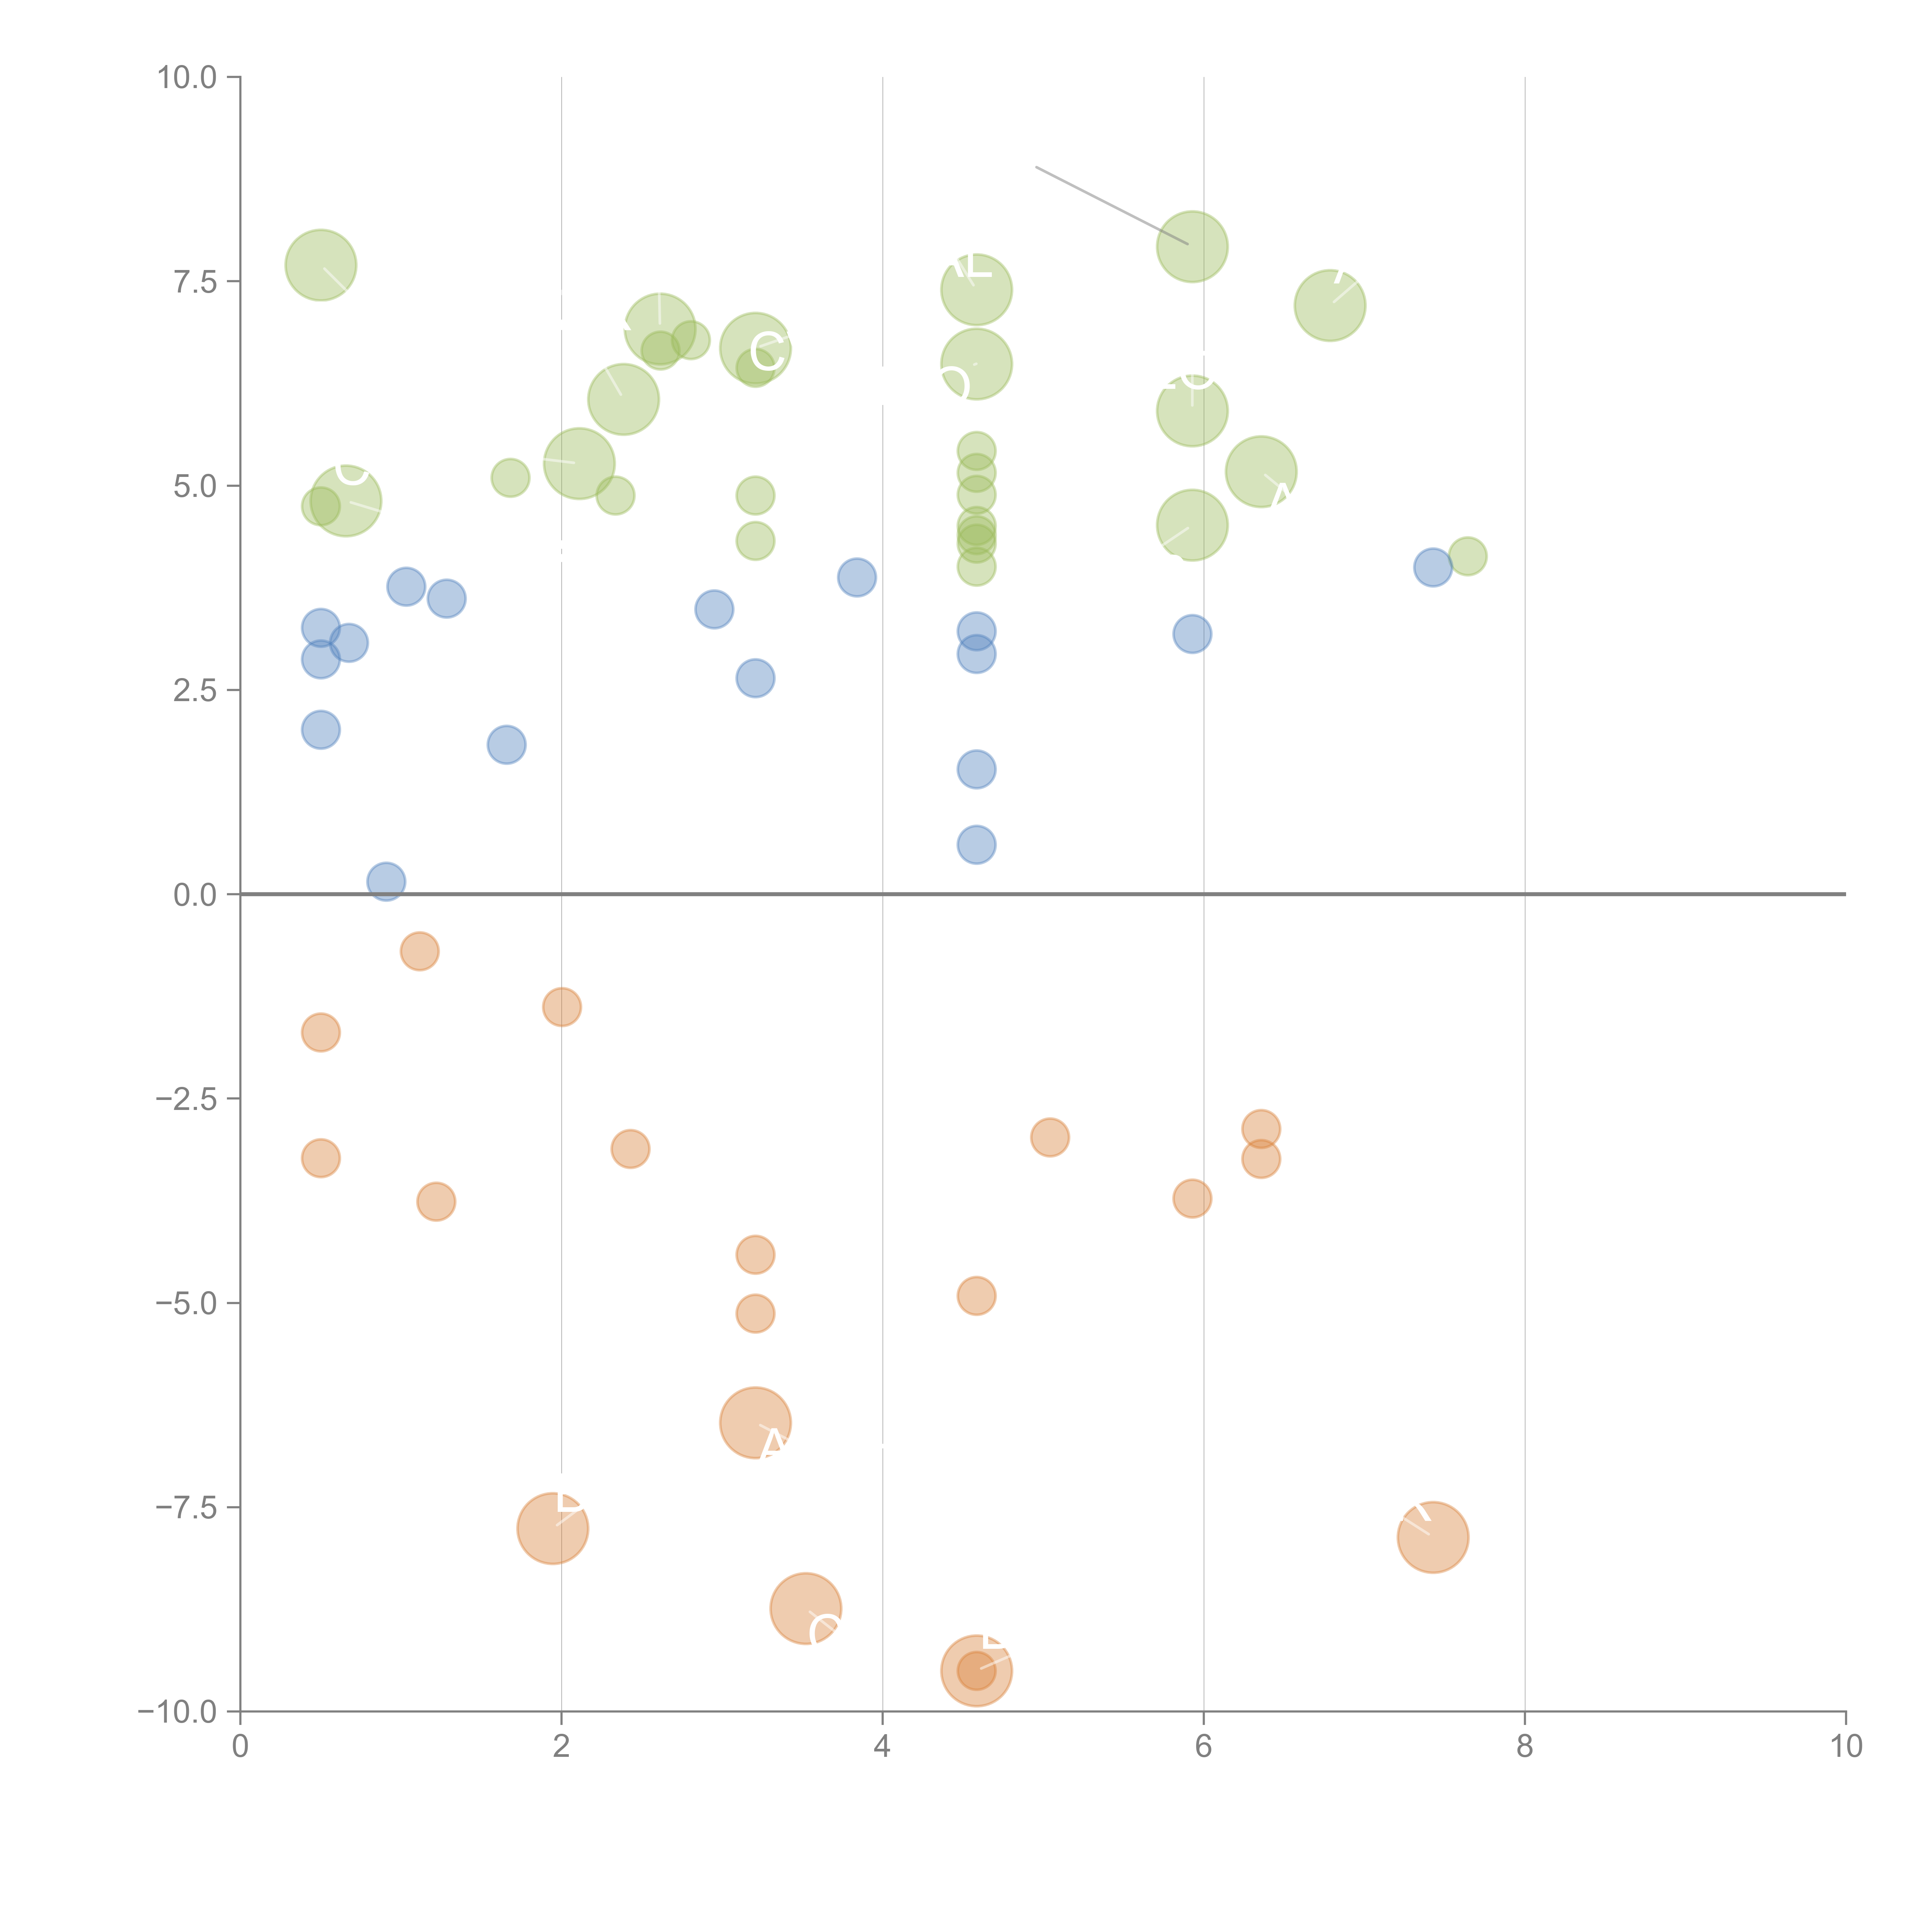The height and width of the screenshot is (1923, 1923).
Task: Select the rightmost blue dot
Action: [x=1432, y=567]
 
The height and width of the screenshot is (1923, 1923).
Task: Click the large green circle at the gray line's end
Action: [x=1191, y=247]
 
